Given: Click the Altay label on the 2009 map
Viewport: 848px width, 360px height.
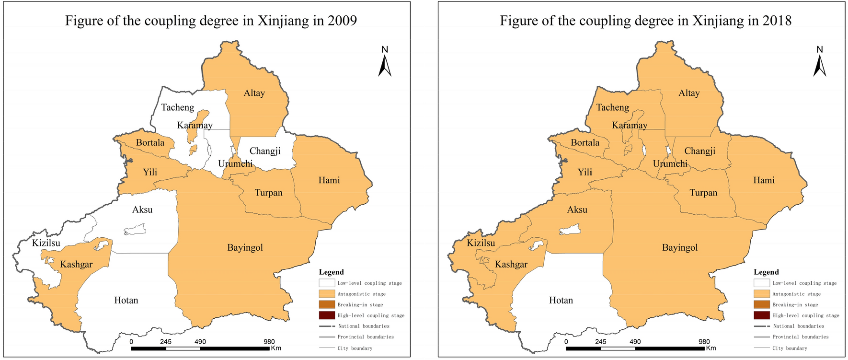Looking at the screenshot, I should pyautogui.click(x=254, y=93).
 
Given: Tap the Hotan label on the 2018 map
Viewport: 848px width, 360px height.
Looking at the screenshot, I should pyautogui.click(x=561, y=301).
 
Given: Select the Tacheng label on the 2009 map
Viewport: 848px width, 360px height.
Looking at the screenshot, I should pyautogui.click(x=178, y=108).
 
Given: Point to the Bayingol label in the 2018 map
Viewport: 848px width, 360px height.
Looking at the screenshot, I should pyautogui.click(x=679, y=248).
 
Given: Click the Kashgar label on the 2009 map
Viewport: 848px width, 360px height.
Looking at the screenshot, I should pyautogui.click(x=76, y=265).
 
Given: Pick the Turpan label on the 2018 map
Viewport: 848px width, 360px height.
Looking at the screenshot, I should pyautogui.click(x=703, y=193).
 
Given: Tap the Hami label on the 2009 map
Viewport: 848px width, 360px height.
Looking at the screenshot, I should pyautogui.click(x=329, y=180).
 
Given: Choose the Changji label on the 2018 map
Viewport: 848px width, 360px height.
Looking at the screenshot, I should pyautogui.click(x=699, y=151).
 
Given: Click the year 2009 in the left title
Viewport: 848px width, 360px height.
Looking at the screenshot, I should pyautogui.click(x=342, y=21).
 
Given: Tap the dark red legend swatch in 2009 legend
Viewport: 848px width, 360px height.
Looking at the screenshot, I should pyautogui.click(x=327, y=315).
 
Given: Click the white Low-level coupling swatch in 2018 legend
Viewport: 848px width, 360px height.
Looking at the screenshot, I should pyautogui.click(x=762, y=283).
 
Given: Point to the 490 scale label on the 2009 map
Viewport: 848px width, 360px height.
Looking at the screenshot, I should pyautogui.click(x=200, y=342).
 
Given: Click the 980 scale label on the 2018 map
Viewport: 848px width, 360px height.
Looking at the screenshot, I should pyautogui.click(x=704, y=342).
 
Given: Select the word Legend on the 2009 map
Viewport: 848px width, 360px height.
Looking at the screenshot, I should pyautogui.click(x=332, y=272).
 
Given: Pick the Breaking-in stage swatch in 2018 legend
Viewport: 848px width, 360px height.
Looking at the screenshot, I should pyautogui.click(x=762, y=305).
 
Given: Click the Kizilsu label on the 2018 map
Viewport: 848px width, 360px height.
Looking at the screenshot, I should pyautogui.click(x=481, y=244).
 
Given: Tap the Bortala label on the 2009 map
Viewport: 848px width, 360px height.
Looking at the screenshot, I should pyautogui.click(x=150, y=143).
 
